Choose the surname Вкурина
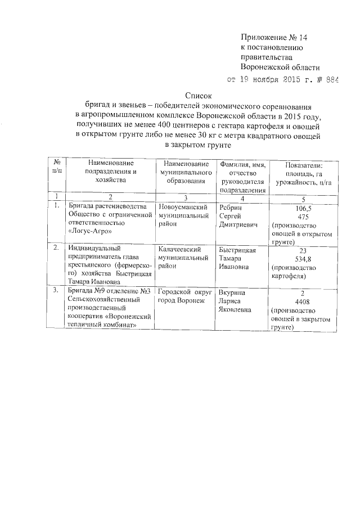[231, 293]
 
